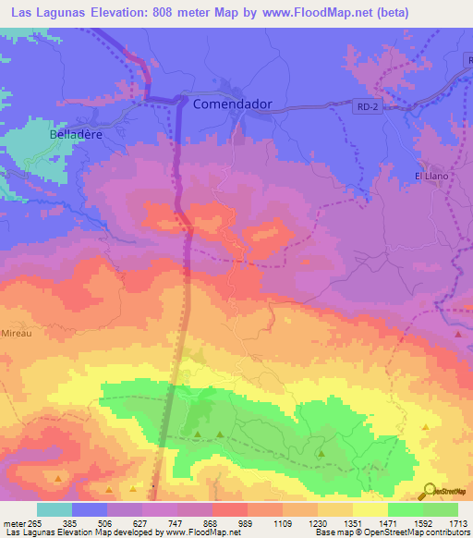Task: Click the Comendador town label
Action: click(232, 104)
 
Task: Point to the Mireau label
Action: click(17, 332)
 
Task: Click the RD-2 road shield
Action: click(367, 108)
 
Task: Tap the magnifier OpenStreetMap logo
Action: click(430, 490)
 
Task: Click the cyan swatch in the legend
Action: click(54, 508)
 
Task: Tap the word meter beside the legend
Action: click(13, 521)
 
